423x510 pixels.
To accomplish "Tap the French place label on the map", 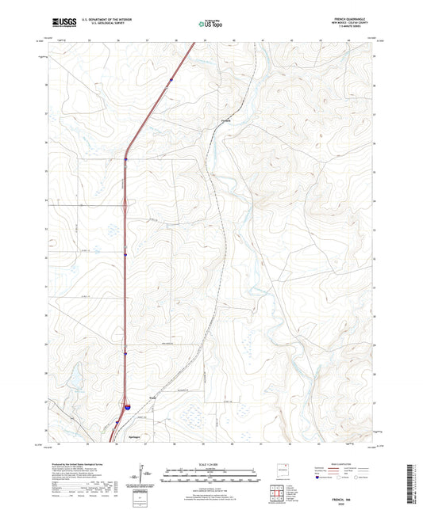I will pos(225,121).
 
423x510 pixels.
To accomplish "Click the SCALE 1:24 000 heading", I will pos(210,465).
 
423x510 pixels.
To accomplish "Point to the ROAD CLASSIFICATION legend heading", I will pos(346,464).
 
